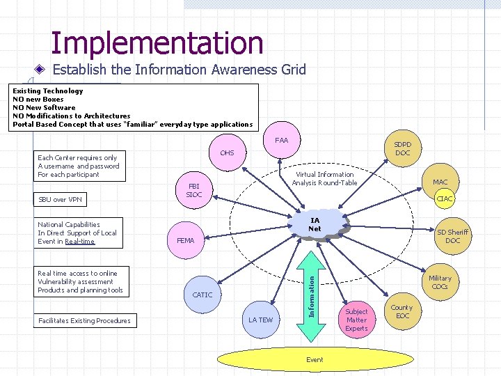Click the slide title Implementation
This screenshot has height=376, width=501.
coord(157,43)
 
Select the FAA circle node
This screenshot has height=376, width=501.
coord(282,141)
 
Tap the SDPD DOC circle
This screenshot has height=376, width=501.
coord(402,148)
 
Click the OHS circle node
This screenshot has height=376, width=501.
coord(227,153)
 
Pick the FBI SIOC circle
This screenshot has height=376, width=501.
coord(194,190)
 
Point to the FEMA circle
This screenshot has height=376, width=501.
coord(186,240)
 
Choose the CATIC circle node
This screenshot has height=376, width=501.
coord(202,295)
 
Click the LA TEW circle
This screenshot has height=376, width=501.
coord(261,320)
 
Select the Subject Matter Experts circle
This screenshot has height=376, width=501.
coord(356,320)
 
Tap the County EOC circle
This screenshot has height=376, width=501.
coord(402,311)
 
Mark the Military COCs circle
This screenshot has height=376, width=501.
coord(440,282)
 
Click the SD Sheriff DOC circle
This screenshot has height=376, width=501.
coord(452,236)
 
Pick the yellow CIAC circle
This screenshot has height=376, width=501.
coord(445,199)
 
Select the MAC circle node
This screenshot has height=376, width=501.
coord(440,182)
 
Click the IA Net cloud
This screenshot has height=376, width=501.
coord(315,225)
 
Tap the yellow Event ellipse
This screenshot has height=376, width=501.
coord(315,359)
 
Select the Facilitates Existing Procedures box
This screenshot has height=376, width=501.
coord(84,320)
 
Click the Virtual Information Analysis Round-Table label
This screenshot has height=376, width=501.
coord(324,179)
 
